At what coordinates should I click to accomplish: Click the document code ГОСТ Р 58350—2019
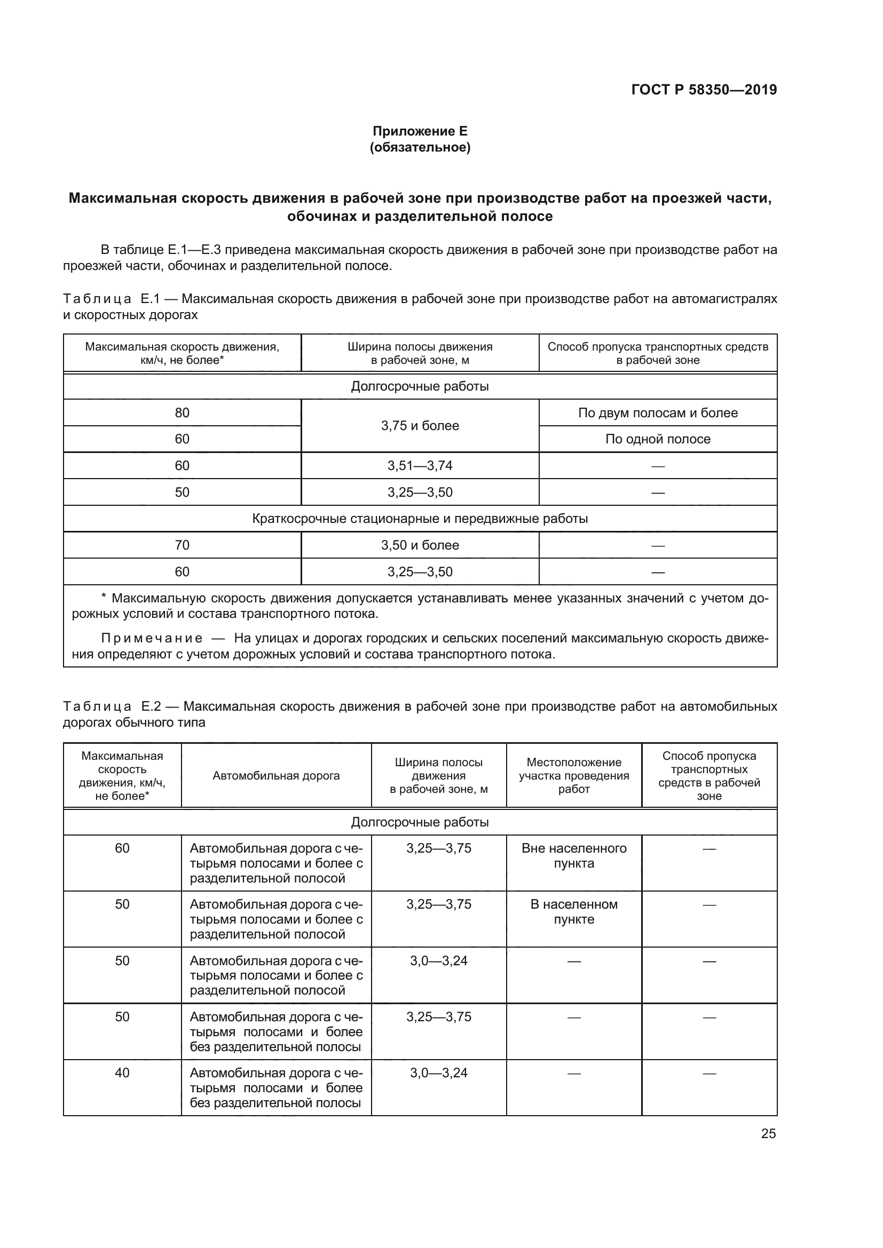tap(704, 90)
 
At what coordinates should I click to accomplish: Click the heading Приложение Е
tap(420, 131)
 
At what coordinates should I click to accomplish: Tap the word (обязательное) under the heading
tap(420, 147)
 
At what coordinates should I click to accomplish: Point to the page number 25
tap(768, 1133)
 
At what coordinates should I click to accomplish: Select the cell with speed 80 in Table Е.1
tap(182, 412)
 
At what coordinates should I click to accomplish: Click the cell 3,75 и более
tap(420, 426)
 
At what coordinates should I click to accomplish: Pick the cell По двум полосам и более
tap(657, 412)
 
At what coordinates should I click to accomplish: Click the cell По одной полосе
tap(657, 439)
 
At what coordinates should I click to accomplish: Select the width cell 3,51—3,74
tap(420, 465)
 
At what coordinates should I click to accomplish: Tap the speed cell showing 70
tap(182, 545)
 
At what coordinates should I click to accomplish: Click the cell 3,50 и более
tap(420, 545)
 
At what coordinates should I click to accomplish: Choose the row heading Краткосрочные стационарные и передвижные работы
tap(420, 518)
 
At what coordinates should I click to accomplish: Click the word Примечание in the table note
tap(152, 638)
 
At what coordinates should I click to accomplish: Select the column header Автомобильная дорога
tap(275, 776)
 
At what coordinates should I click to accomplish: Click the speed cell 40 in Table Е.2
tap(122, 1072)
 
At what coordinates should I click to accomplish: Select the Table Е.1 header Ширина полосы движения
tap(420, 353)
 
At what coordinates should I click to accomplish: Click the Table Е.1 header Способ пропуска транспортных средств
tap(657, 353)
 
